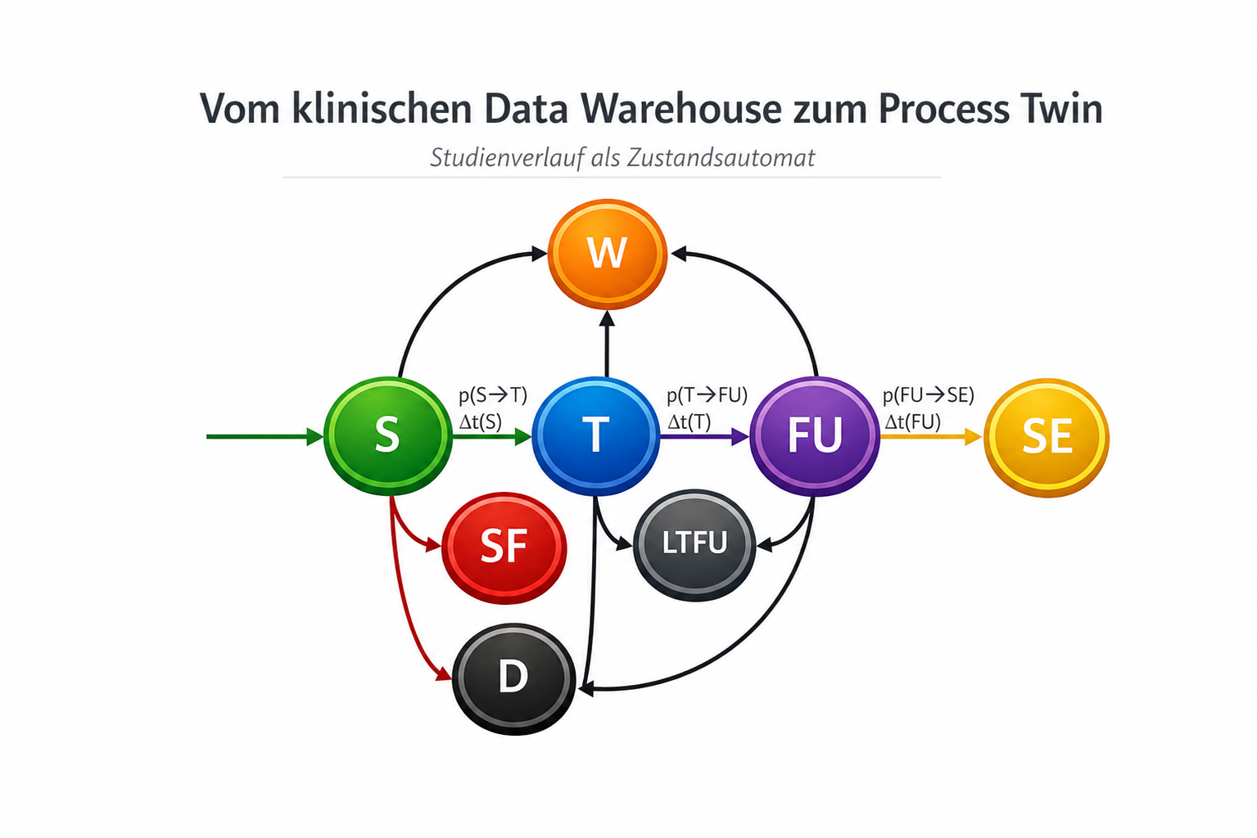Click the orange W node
click(607, 254)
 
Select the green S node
click(388, 436)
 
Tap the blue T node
click(595, 436)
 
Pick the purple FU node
click(814, 436)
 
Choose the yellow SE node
click(1047, 438)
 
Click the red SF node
click(504, 547)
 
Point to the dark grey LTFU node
click(694, 545)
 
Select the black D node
click(513, 678)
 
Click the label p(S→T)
click(493, 395)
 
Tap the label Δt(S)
click(481, 421)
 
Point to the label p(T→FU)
click(707, 395)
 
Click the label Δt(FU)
click(912, 421)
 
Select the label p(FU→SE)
click(928, 395)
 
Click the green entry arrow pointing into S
click(265, 436)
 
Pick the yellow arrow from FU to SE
click(932, 436)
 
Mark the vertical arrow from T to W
click(607, 344)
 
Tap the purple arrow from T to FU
click(705, 436)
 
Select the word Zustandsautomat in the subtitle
click(721, 158)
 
